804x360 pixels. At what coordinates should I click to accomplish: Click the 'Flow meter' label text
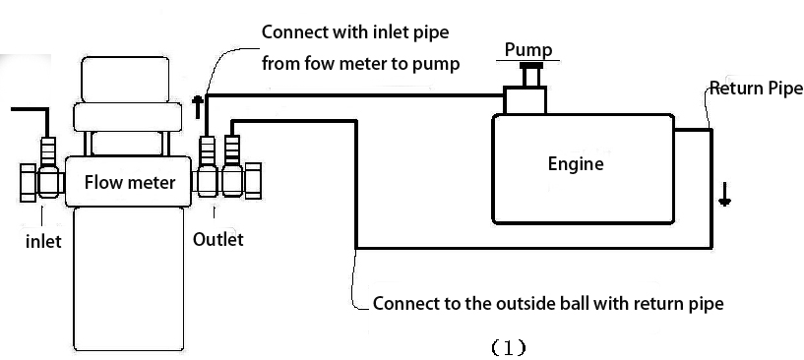(x=130, y=182)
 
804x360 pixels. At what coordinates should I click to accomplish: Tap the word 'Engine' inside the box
(x=576, y=164)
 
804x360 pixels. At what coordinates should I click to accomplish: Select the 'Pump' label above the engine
(x=528, y=50)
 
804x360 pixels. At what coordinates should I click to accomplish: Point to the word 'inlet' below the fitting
(x=43, y=240)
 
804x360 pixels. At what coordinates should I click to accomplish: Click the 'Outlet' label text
(x=217, y=239)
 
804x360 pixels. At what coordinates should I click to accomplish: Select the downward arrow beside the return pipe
(x=725, y=194)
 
